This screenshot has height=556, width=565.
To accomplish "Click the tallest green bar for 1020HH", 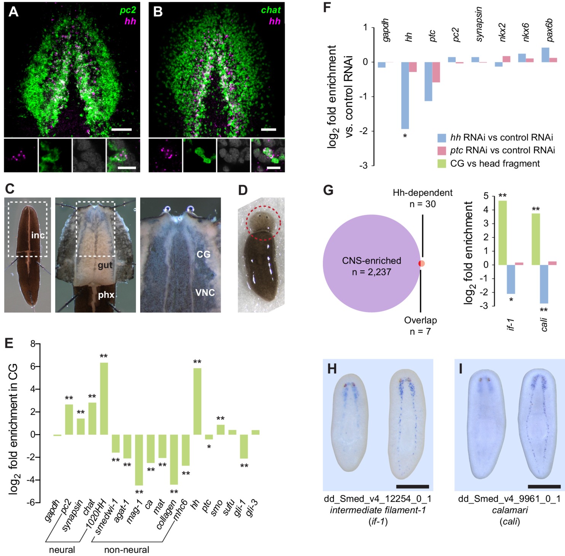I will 104,398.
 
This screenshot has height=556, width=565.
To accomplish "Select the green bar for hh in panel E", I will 197,401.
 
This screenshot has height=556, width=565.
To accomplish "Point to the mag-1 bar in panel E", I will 139,460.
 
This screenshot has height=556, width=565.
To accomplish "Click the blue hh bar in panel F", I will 405,95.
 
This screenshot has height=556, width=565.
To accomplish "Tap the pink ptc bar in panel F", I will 436,72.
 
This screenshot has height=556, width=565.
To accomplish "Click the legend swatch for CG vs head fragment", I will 442,164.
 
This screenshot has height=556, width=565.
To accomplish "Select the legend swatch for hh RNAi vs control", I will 442,138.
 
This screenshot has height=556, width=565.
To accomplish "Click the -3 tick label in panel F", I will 364,166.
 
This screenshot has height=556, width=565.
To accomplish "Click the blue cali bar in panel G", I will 544,284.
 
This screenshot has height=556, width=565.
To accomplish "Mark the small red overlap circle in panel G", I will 421,263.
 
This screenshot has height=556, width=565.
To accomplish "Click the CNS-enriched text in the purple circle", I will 372,261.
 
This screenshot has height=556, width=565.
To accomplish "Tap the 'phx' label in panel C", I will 106,295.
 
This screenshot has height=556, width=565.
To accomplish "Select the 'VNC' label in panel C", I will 205,293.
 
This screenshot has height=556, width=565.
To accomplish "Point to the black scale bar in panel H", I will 412,487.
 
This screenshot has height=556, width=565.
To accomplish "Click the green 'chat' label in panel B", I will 270,10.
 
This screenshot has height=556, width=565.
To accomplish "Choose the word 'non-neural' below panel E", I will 126,550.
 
